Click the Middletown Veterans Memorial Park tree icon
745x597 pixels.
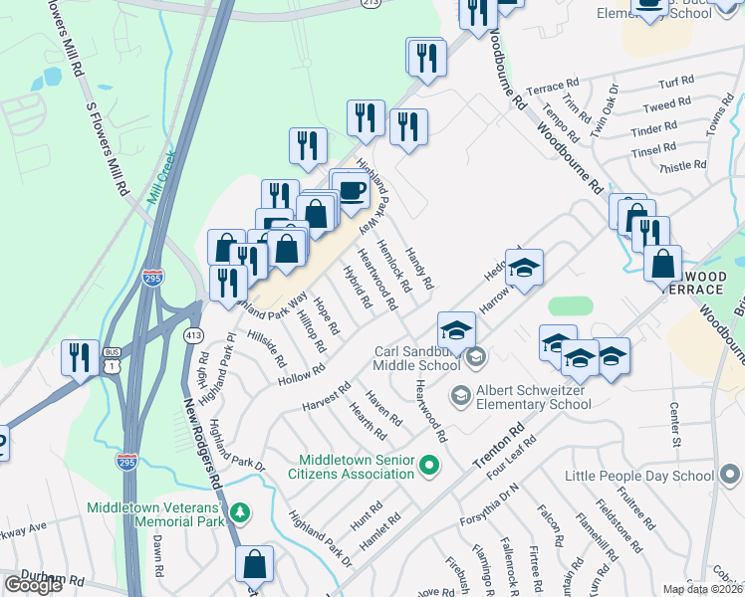tap(239, 512)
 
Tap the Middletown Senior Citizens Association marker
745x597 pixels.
tap(430, 465)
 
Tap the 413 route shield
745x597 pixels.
tap(193, 335)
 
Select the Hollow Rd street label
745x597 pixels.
tap(303, 374)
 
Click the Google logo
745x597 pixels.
tap(33, 584)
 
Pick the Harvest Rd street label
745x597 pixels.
tap(326, 398)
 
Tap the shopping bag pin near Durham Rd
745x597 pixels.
tap(255, 564)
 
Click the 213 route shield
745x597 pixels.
tap(344, 3)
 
